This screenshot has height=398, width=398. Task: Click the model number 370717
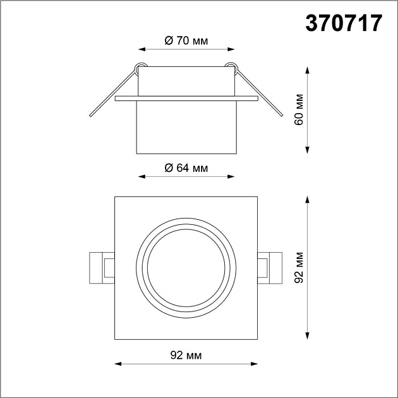(344, 23)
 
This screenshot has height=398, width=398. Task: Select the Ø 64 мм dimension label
(186, 167)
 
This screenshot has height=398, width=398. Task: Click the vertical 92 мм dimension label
(300, 268)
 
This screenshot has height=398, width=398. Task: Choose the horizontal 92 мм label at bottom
(186, 356)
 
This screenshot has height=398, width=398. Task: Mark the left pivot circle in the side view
(140, 65)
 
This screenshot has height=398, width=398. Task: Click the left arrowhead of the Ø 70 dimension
(141, 49)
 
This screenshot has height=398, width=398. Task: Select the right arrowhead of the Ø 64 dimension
(232, 176)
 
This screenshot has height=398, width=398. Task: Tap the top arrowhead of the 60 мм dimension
(307, 69)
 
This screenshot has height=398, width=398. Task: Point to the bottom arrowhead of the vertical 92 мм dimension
(307, 337)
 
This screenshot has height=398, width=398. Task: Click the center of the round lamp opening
(186, 268)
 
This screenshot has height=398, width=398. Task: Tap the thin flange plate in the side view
(186, 99)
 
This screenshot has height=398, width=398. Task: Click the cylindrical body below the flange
(186, 126)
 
